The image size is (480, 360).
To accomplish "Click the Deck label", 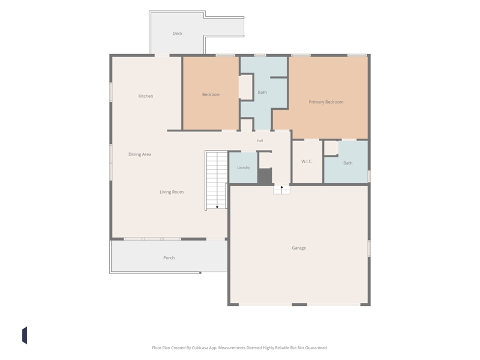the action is [177, 34].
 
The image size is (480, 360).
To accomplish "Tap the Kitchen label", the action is [146, 96].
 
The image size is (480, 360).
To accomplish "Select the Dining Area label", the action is [140, 154].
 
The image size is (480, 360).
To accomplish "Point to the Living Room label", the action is [172, 192].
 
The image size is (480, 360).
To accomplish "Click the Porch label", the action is [169, 258].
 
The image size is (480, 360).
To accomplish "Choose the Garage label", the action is [299, 248].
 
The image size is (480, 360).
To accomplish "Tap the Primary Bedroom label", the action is [326, 102].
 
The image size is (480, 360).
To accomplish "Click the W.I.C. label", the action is [307, 161].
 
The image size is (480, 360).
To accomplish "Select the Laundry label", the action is [244, 167].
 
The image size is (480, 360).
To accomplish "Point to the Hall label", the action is [260, 140].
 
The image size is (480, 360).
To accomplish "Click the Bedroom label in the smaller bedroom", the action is [211, 95].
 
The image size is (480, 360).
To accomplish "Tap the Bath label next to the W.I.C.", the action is [348, 163].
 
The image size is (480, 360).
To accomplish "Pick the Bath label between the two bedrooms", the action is [262, 92].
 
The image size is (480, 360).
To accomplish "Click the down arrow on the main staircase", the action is [217, 208].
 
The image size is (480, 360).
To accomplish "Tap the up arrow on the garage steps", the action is [281, 187].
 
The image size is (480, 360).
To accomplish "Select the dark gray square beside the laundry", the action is [265, 176].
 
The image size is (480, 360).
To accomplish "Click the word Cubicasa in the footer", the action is [200, 348].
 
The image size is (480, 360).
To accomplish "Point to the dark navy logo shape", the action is [25, 335].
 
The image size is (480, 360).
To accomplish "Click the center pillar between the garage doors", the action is [299, 305].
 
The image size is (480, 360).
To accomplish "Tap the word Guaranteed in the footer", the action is [316, 348].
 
